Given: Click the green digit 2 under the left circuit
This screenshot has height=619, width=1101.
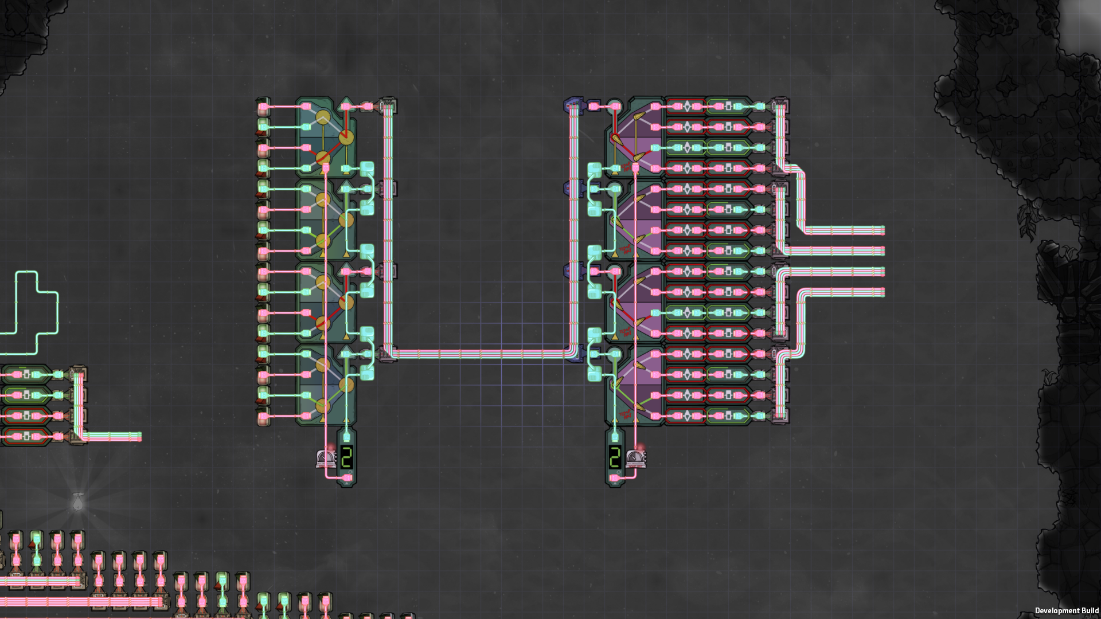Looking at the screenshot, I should click(346, 457).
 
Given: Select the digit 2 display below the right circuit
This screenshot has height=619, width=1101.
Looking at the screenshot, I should click(615, 457).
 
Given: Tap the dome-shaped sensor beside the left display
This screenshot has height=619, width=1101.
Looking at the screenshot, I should click(326, 458).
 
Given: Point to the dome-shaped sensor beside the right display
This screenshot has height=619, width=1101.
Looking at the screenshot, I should click(635, 458).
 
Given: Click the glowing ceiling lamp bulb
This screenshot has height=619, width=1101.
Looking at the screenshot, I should click(78, 502).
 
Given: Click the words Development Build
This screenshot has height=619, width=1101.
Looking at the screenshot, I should click(1066, 610).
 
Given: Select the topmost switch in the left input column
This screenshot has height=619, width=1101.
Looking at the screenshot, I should click(263, 107).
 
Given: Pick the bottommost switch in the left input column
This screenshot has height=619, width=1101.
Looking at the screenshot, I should click(263, 416).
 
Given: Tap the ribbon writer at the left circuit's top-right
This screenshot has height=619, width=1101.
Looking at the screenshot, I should click(388, 106).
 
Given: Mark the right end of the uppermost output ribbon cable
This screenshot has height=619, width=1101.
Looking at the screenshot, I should click(883, 230).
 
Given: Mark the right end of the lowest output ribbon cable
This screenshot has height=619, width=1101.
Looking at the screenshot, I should click(883, 292).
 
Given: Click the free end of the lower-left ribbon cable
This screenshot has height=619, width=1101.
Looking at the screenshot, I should click(139, 437).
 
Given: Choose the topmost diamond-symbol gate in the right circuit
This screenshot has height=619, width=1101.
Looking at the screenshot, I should click(687, 107).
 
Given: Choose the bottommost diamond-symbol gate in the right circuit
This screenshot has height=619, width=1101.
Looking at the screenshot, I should click(687, 416).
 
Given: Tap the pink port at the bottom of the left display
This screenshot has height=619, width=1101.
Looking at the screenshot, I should click(346, 477).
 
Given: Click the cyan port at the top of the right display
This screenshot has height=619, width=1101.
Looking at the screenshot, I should click(615, 438).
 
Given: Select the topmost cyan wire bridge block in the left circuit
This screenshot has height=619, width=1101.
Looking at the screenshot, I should click(367, 168).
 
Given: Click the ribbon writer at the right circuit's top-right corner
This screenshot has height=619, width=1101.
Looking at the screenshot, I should click(780, 106).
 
